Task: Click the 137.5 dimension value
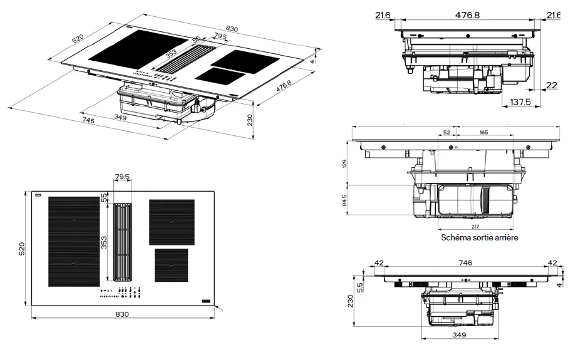520,102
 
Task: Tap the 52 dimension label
446,133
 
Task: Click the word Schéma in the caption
457,238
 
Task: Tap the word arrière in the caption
505,238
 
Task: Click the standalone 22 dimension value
551,86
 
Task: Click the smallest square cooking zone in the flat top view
171,265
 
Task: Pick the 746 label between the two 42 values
465,263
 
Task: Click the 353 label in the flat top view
105,242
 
